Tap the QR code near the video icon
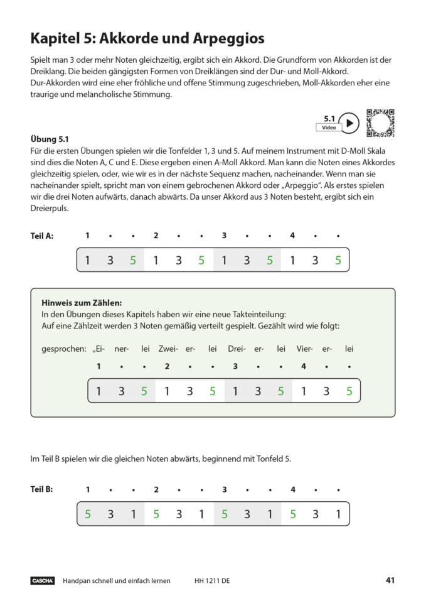tap(380, 122)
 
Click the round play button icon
tap(349, 123)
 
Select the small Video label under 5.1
tap(329, 128)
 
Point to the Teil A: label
tap(42, 236)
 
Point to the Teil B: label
tap(42, 490)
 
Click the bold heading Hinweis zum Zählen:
tap(82, 302)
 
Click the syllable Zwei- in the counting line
tap(168, 349)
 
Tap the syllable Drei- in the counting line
tap(237, 349)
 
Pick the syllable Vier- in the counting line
tap(304, 349)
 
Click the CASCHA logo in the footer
tap(43, 581)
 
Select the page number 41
tap(390, 580)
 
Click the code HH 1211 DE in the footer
tap(212, 581)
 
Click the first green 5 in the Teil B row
tap(88, 514)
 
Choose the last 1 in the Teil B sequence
tap(338, 514)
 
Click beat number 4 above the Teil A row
tap(292, 236)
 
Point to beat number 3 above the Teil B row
tap(224, 490)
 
